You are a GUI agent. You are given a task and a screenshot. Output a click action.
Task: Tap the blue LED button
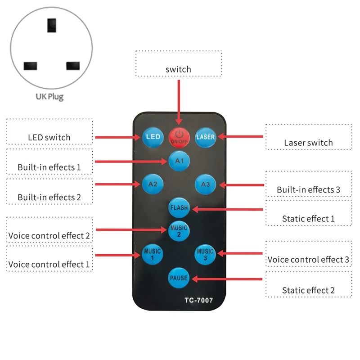pos(153,137)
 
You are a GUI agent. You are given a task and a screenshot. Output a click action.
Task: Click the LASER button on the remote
pos(206,137)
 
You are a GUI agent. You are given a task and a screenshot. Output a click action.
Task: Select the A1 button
pos(179,161)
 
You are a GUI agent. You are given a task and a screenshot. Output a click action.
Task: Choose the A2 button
pos(153,184)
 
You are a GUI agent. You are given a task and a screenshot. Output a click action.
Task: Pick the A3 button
pos(205,184)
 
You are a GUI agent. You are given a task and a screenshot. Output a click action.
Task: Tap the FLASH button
pos(179,207)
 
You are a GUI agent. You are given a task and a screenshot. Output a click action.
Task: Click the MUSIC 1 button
pos(152,254)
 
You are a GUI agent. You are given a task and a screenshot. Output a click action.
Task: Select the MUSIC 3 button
pos(205,254)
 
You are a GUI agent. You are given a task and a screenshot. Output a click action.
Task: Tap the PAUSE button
pos(179,278)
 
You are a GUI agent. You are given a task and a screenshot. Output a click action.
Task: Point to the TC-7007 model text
pos(199,300)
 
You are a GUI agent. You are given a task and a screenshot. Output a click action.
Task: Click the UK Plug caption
pos(49,97)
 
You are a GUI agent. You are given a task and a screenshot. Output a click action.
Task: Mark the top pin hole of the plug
pos(52,25)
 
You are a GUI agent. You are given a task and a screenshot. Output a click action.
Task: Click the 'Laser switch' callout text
pos(308,143)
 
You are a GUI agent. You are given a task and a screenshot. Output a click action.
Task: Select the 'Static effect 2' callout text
pos(308,290)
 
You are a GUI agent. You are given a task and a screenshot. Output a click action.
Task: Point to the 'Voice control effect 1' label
pos(49,265)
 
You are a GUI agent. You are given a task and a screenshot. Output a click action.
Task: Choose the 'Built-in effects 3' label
pos(308,190)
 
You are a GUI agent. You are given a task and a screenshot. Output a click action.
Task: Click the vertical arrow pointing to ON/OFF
pos(179,103)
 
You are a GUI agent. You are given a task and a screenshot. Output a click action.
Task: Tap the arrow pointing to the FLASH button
pos(228,209)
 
